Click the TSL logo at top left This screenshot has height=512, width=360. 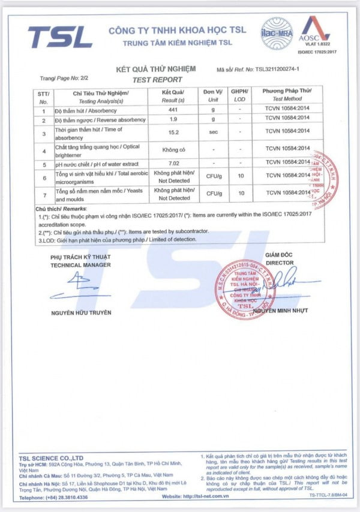60,37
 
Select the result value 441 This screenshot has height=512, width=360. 174,110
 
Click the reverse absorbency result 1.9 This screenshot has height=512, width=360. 174,120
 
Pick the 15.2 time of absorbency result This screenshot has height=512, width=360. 174,134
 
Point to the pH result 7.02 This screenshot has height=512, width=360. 174,162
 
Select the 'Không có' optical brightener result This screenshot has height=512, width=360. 174,149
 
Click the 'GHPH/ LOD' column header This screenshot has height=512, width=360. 240,95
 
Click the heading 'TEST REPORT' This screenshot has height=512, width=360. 157,80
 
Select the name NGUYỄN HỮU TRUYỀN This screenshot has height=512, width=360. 81,312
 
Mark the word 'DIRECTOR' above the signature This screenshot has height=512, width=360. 280,263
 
